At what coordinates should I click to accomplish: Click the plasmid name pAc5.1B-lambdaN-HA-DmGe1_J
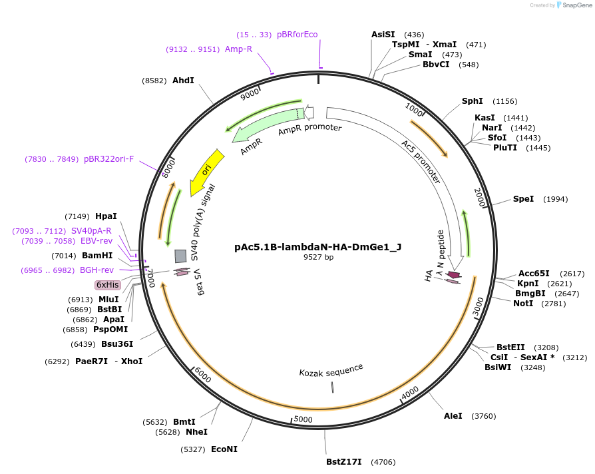(x=318, y=246)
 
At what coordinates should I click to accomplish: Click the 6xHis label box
(x=108, y=285)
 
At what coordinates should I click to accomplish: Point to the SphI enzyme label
(x=472, y=101)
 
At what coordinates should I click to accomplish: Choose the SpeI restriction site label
(x=523, y=199)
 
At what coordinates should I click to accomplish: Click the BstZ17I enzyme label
(x=343, y=461)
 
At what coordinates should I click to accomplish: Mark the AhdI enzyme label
(x=183, y=80)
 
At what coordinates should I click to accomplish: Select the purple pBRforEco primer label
(x=297, y=35)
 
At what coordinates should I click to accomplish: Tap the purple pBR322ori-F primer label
(x=108, y=159)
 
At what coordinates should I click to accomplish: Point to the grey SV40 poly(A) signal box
(x=180, y=256)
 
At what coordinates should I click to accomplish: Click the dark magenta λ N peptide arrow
(x=454, y=275)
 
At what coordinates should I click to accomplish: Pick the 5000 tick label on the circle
(x=303, y=419)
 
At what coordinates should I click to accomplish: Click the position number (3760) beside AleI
(x=483, y=416)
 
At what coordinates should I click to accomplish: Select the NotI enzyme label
(x=522, y=303)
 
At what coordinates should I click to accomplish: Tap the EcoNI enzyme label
(x=224, y=449)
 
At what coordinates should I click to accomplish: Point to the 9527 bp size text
(x=318, y=257)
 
